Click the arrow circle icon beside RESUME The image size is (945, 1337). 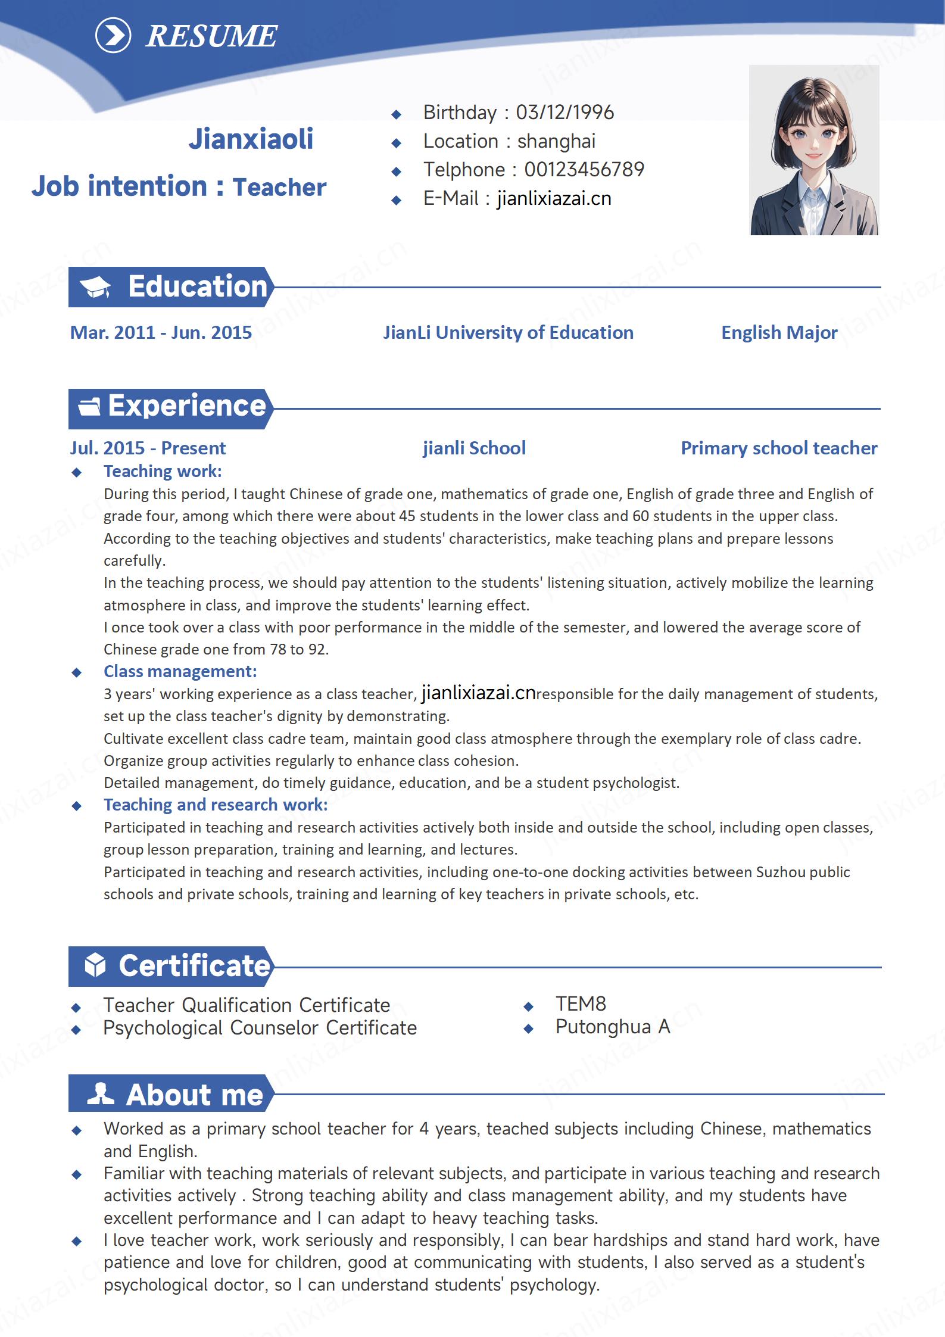pyautogui.click(x=113, y=36)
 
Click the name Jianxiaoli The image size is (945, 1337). pyautogui.click(x=251, y=139)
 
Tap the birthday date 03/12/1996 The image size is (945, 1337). pyautogui.click(x=564, y=113)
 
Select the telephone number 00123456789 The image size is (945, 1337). pyautogui.click(x=584, y=170)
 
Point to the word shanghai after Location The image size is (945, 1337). pyautogui.click(x=556, y=141)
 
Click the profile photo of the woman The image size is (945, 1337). pyautogui.click(x=813, y=150)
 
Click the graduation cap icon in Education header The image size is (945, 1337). pyautogui.click(x=95, y=287)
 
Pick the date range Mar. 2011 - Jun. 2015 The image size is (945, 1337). pyautogui.click(x=161, y=332)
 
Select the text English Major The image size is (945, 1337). pyautogui.click(x=779, y=332)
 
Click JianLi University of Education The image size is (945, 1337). pyautogui.click(x=508, y=332)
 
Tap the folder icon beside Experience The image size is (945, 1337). pyautogui.click(x=89, y=407)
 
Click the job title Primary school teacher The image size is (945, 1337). pyautogui.click(x=778, y=448)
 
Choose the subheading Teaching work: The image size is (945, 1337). pyautogui.click(x=163, y=471)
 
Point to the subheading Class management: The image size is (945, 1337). pyautogui.click(x=180, y=671)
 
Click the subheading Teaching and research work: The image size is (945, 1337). pyautogui.click(x=216, y=805)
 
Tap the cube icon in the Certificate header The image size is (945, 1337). pyautogui.click(x=95, y=965)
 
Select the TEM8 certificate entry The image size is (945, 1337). pyautogui.click(x=581, y=1004)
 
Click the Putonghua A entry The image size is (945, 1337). pyautogui.click(x=613, y=1027)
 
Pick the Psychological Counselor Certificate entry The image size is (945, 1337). pyautogui.click(x=260, y=1028)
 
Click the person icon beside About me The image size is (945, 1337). pyautogui.click(x=100, y=1094)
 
